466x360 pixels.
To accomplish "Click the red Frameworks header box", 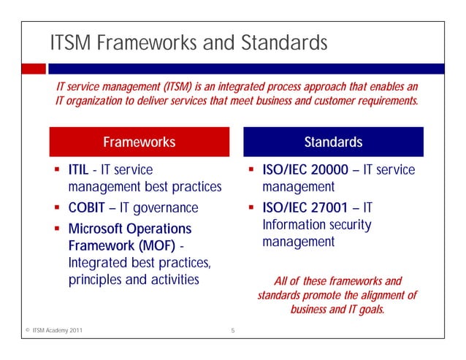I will pos(139,142).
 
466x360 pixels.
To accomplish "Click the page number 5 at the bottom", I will pos(232,332).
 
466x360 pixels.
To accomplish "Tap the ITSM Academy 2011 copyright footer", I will pos(51,332).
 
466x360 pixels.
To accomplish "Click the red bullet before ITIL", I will pos(57,170).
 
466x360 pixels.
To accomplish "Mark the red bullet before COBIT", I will pos(57,207).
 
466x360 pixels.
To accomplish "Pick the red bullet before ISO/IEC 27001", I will pos(251,207).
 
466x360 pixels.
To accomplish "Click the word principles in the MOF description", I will pos(96,279).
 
